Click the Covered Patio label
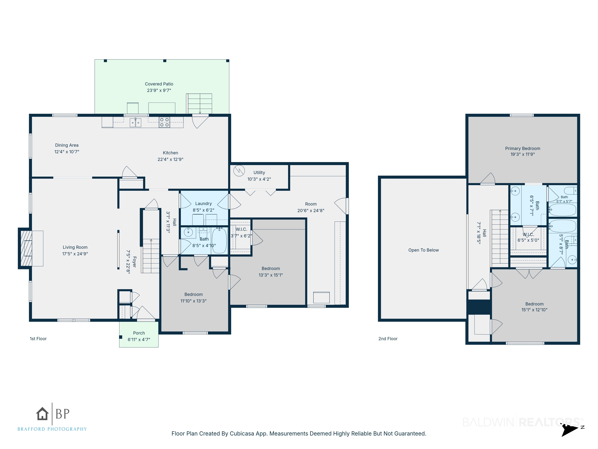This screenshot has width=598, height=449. (x=159, y=84)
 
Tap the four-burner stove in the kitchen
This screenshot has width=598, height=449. (x=164, y=122)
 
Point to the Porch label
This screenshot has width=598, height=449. (x=139, y=333)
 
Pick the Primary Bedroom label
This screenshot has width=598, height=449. (x=523, y=148)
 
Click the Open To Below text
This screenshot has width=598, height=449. (x=423, y=250)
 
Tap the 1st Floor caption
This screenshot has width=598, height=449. (x=38, y=339)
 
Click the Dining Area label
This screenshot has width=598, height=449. (x=67, y=145)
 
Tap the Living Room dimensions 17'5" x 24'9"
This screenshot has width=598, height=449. (x=75, y=254)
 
